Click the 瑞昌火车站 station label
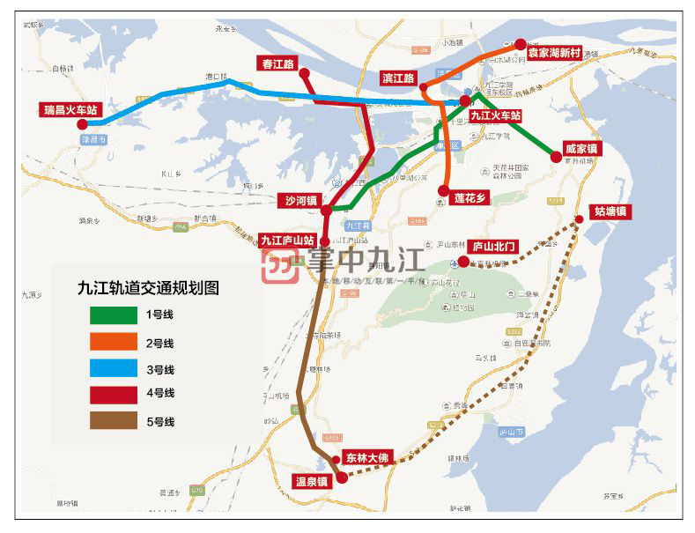click(x=71, y=111)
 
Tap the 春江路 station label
click(x=278, y=63)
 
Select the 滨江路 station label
click(x=398, y=78)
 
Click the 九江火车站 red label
click(x=496, y=115)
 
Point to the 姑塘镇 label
click(x=610, y=211)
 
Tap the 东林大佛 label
click(x=366, y=458)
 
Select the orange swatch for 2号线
click(x=113, y=342)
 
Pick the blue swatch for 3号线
click(x=113, y=368)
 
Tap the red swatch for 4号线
click(x=113, y=395)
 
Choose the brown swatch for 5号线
click(x=113, y=421)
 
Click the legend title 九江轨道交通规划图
click(x=148, y=287)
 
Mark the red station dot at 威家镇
click(x=556, y=157)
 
